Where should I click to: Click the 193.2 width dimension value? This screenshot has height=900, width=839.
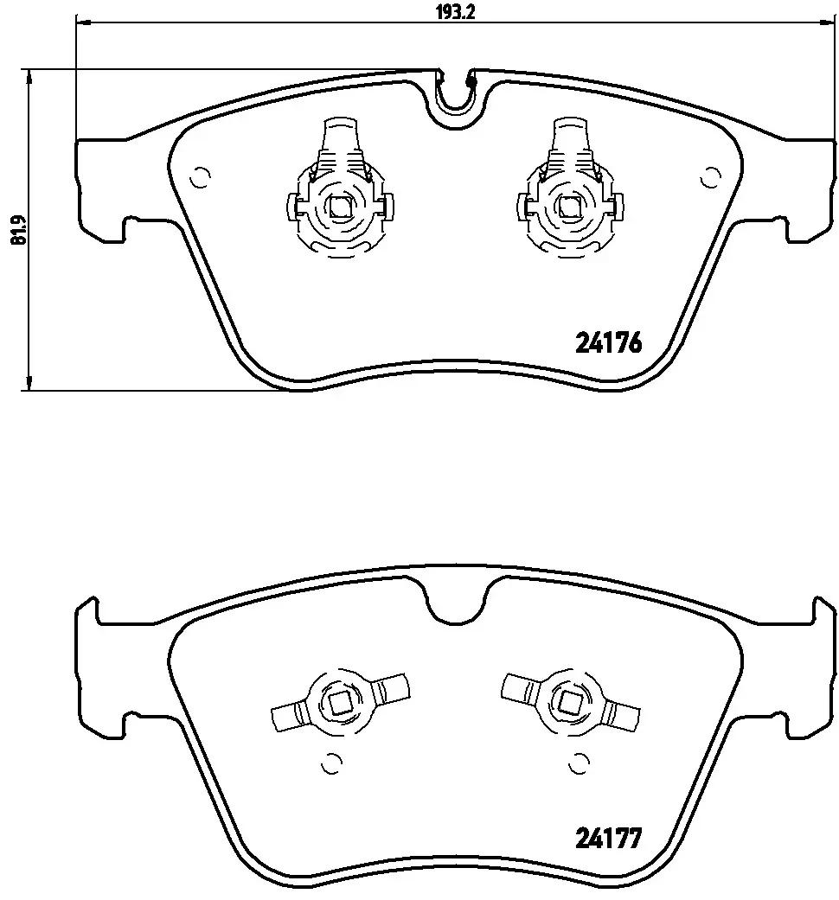[455, 12]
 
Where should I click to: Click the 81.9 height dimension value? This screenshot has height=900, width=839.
[18, 230]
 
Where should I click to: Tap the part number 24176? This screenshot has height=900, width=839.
[607, 344]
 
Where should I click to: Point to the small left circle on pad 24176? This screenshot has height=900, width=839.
[199, 177]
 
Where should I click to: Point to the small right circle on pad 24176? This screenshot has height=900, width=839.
[712, 177]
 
